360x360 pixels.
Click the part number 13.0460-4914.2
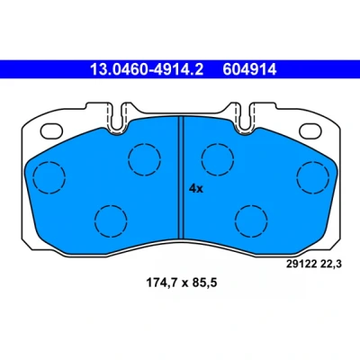coord(147,69)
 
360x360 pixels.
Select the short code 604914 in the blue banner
coord(249,69)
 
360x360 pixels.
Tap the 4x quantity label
coord(196,189)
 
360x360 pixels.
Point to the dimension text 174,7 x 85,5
coord(181,283)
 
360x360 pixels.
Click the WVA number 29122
coord(301,264)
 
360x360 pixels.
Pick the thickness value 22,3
coord(331,265)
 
